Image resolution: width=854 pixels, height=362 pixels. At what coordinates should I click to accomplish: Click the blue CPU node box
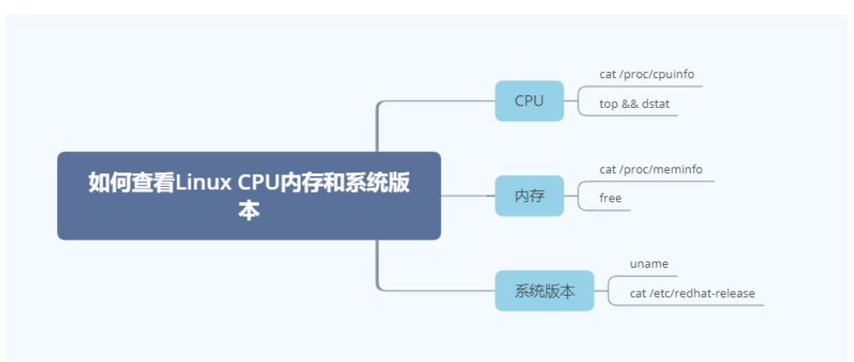(x=529, y=101)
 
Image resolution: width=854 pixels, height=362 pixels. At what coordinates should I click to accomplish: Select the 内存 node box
(x=529, y=196)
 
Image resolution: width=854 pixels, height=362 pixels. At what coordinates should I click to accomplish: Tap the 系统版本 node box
(x=544, y=291)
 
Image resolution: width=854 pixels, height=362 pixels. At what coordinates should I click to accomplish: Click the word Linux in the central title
(x=204, y=183)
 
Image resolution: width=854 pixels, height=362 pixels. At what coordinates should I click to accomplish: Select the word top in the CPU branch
(x=608, y=105)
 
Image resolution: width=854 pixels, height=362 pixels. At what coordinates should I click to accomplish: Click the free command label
(x=610, y=198)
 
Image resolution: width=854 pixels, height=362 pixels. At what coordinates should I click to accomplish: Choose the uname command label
(x=649, y=263)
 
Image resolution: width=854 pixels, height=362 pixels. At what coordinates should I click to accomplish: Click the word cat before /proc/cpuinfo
(x=608, y=74)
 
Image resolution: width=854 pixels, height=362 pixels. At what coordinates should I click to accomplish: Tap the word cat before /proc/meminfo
(x=608, y=169)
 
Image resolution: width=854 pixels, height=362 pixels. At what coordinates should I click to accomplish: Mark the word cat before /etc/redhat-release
(x=638, y=293)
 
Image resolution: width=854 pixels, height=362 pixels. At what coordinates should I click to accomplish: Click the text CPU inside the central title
(x=258, y=183)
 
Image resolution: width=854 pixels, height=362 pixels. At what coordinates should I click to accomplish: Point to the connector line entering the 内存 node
(x=467, y=195)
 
